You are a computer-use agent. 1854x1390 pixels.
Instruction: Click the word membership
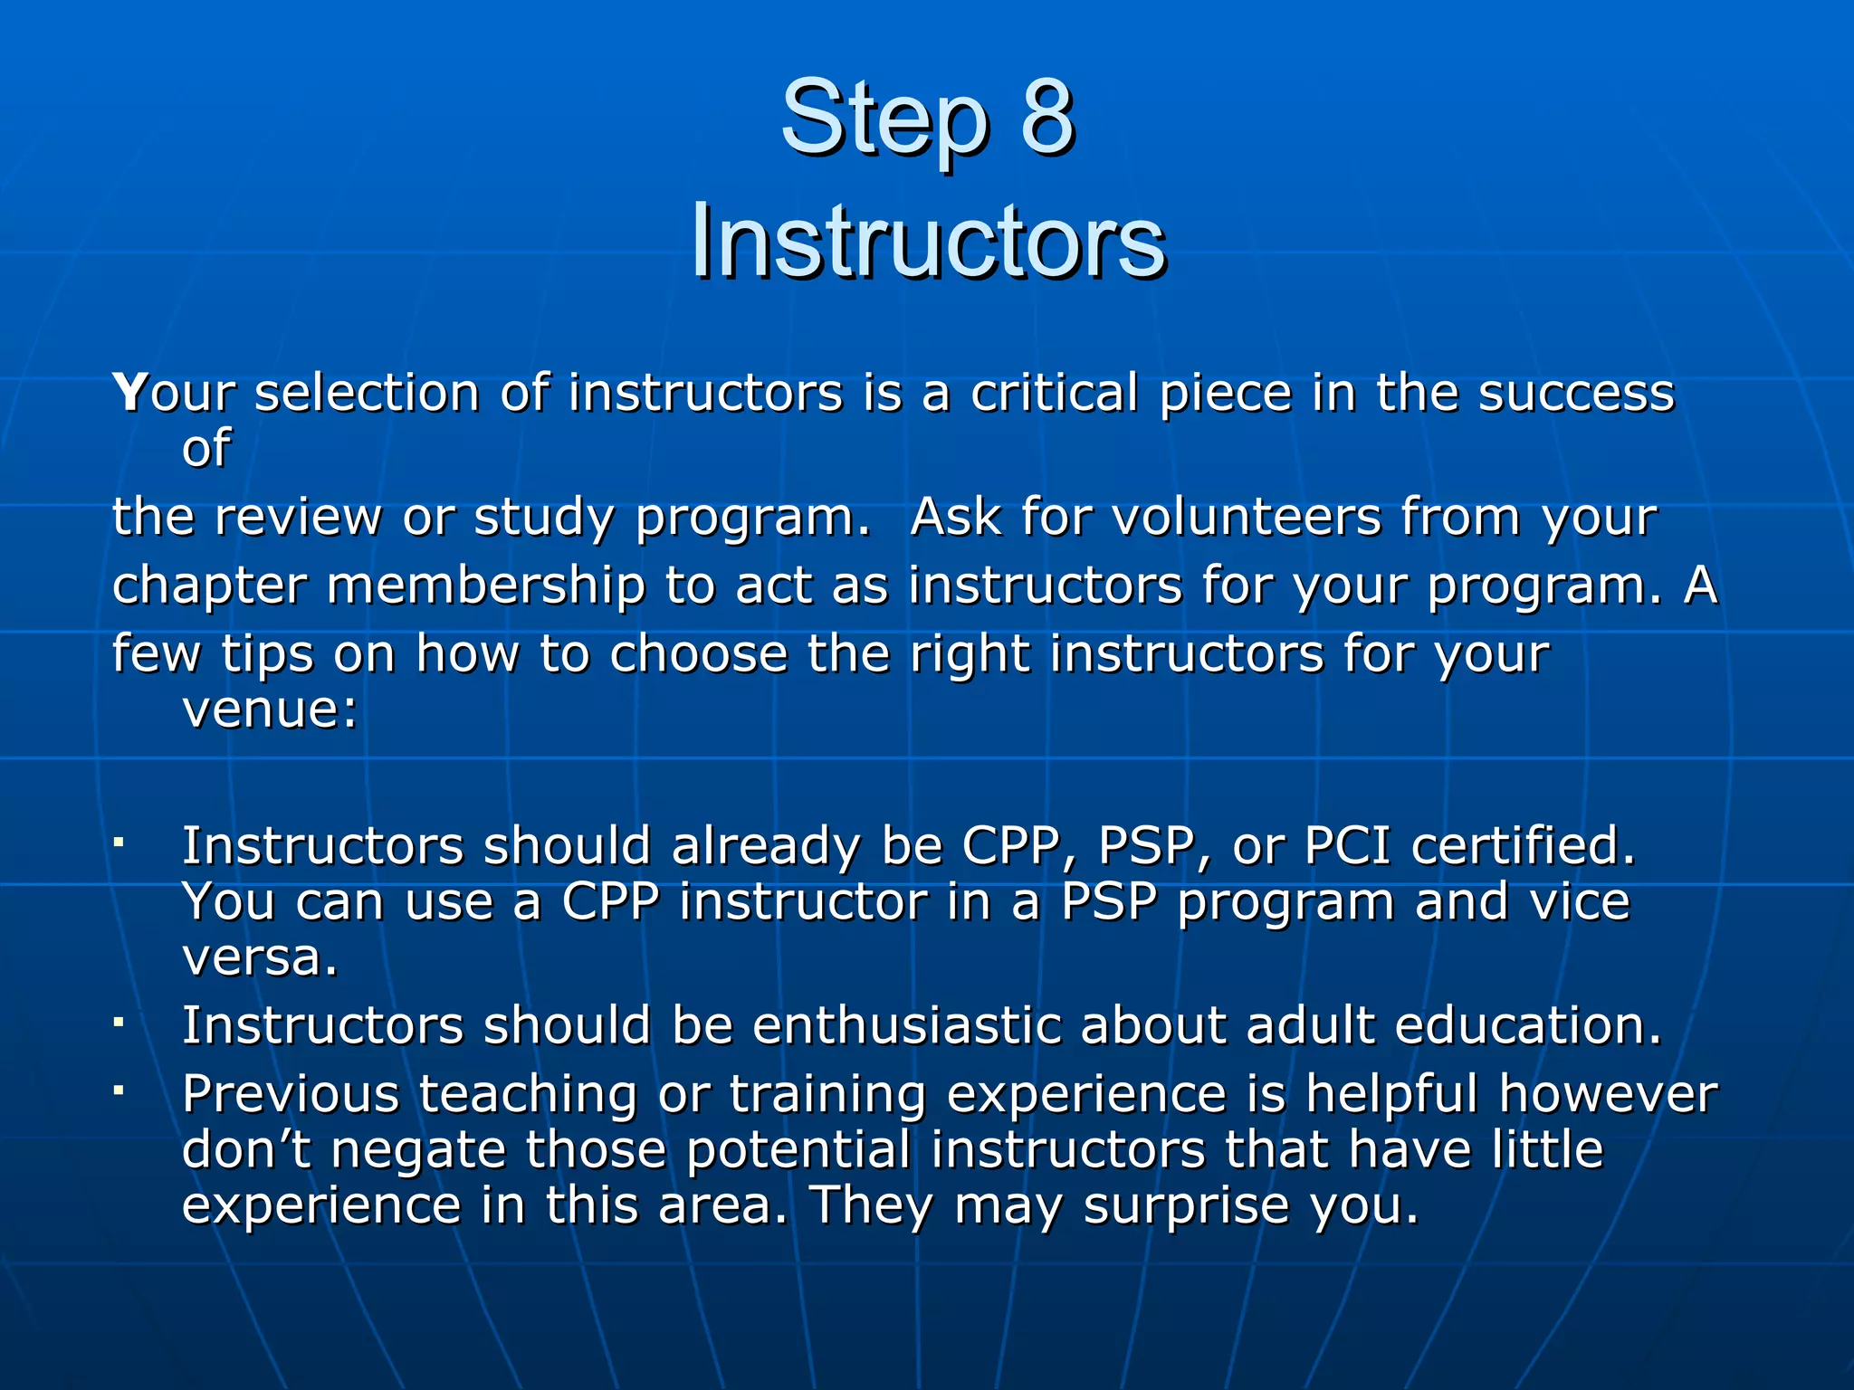486,586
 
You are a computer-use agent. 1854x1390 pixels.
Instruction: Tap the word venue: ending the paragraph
270,709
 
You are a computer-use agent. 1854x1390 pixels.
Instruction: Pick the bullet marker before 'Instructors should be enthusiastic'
119,1023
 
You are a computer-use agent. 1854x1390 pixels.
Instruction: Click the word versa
260,958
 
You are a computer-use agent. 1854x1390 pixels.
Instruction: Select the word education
1527,1026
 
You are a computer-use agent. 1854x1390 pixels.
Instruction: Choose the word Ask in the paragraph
955,518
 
